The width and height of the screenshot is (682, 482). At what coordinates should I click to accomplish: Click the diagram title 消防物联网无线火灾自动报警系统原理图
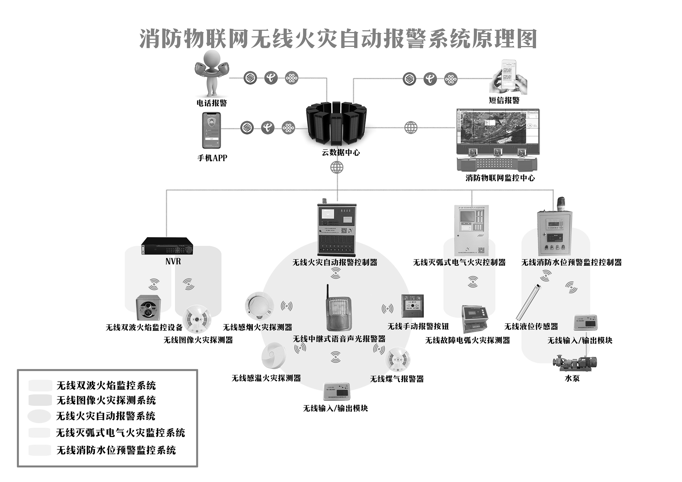[x=338, y=39]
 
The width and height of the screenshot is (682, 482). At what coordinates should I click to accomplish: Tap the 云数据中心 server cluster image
[x=336, y=124]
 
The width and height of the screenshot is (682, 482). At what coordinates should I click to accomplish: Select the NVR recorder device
[x=167, y=246]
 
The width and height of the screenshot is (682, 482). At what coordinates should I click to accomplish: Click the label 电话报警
[x=212, y=103]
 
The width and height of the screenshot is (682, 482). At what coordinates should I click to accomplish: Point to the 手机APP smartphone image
[x=211, y=130]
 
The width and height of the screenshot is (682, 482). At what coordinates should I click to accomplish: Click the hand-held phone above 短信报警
[x=508, y=76]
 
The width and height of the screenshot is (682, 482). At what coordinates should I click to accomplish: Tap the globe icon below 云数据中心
[x=337, y=167]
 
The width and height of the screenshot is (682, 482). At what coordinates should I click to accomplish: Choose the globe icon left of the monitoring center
[x=411, y=128]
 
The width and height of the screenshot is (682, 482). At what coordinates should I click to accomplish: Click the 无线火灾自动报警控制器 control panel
[x=336, y=229]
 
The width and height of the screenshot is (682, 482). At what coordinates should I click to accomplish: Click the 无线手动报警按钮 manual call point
[x=412, y=306]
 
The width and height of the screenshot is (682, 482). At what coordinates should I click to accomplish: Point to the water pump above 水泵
[x=574, y=362]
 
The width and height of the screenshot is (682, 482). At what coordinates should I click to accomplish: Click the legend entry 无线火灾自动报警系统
[x=106, y=416]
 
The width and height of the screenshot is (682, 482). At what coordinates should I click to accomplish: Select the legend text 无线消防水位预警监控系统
[x=116, y=450]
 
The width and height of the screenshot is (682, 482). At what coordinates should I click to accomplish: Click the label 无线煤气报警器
[x=397, y=379]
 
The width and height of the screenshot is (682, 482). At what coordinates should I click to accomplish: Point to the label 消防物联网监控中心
[x=500, y=178]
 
